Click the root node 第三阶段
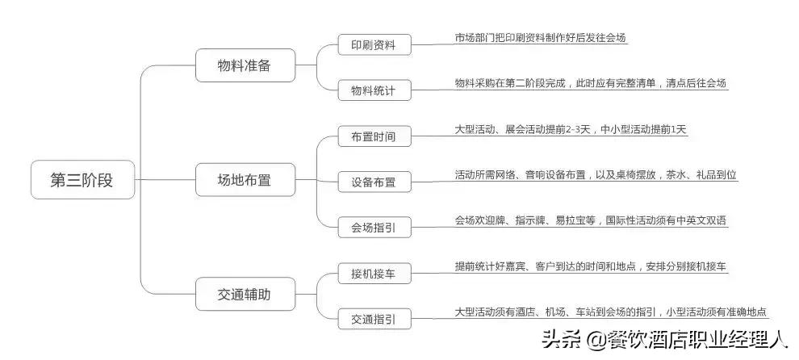82,180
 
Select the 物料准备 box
245,65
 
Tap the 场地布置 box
245,180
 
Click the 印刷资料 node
374,44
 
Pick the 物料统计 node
374,90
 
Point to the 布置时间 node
374,136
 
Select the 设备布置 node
374,182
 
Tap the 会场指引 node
374,227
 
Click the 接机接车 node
374,274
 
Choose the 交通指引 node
374,319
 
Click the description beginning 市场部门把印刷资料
540,38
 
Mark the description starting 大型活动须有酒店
610,312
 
